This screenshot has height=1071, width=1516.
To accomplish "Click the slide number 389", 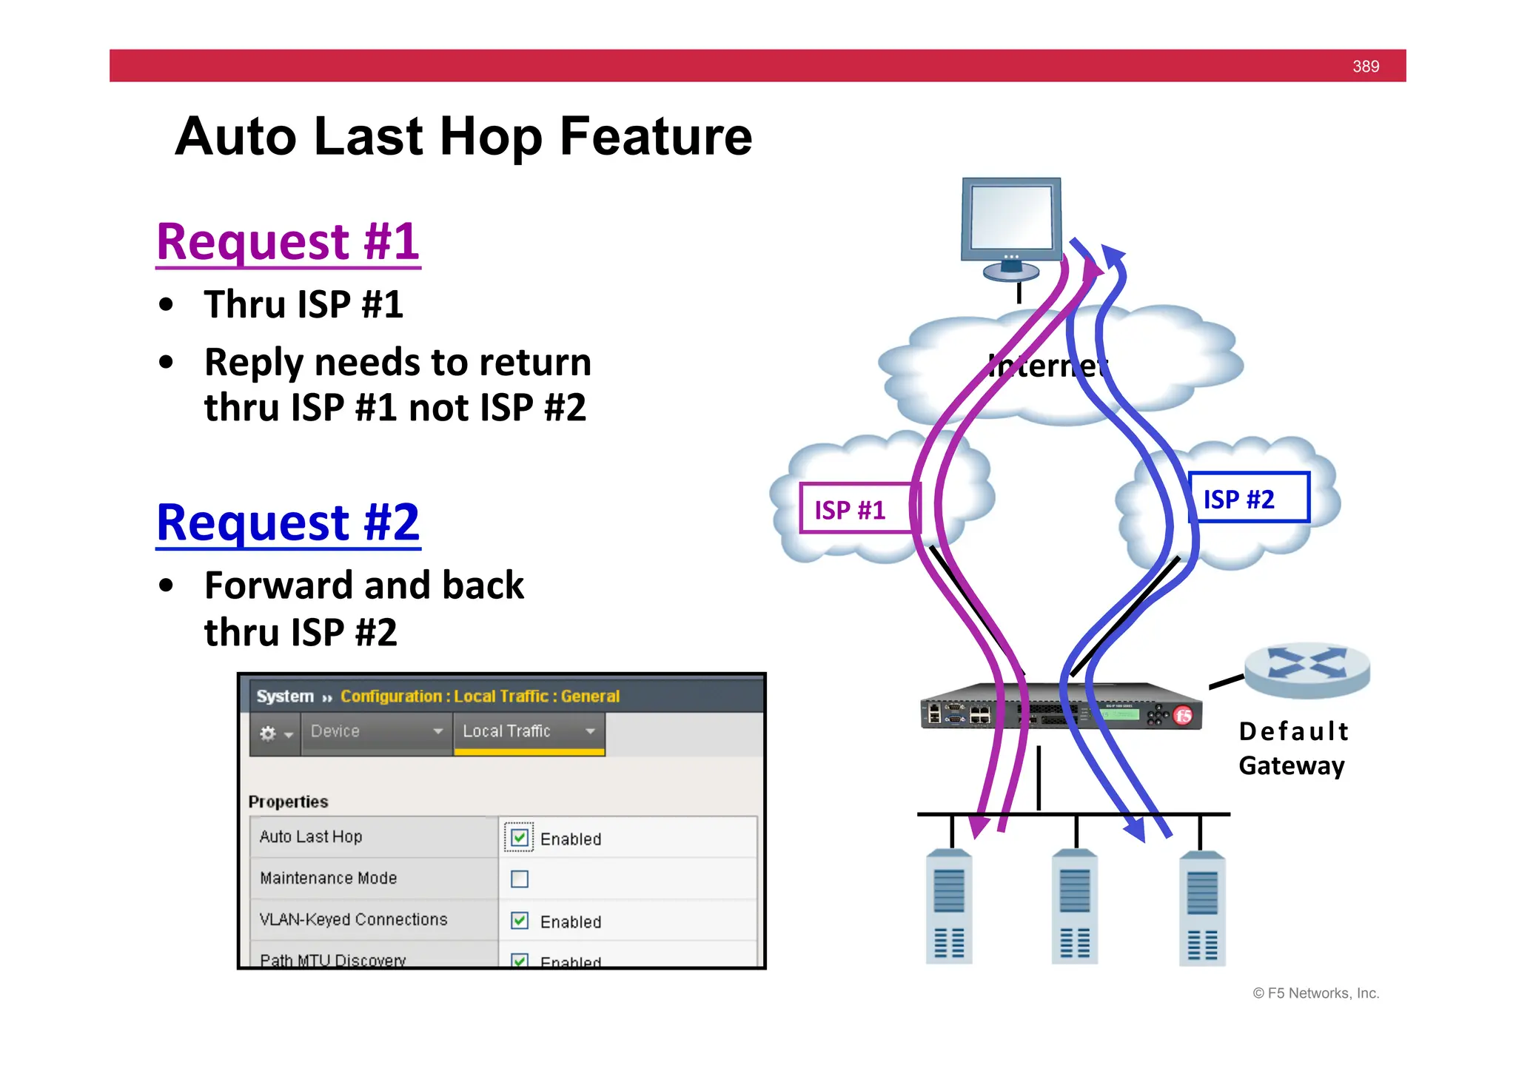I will tap(1365, 67).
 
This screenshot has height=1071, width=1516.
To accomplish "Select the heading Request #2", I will tap(288, 523).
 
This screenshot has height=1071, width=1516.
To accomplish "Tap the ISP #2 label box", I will tap(1248, 498).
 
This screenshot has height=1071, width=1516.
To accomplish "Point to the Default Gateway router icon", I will tap(1307, 669).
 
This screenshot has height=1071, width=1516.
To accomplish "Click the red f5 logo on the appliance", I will tap(1183, 715).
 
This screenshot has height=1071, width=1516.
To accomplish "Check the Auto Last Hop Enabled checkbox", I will tap(520, 837).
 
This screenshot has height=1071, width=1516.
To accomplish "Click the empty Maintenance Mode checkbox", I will tap(520, 879).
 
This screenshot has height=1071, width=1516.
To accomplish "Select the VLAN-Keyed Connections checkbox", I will tap(520, 920).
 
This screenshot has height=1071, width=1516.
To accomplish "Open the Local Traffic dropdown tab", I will tap(529, 731).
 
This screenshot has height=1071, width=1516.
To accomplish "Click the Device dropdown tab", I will tap(376, 731).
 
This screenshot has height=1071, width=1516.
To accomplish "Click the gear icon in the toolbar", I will tap(268, 733).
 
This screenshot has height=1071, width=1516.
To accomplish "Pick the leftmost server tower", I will tap(948, 907).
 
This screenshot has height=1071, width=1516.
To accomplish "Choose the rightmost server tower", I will tap(1201, 908).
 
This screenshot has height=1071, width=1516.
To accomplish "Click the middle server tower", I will tap(1074, 907).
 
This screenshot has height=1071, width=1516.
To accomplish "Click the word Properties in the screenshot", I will tap(288, 802).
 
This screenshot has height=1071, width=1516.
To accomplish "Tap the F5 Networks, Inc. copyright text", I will tap(1315, 993).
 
